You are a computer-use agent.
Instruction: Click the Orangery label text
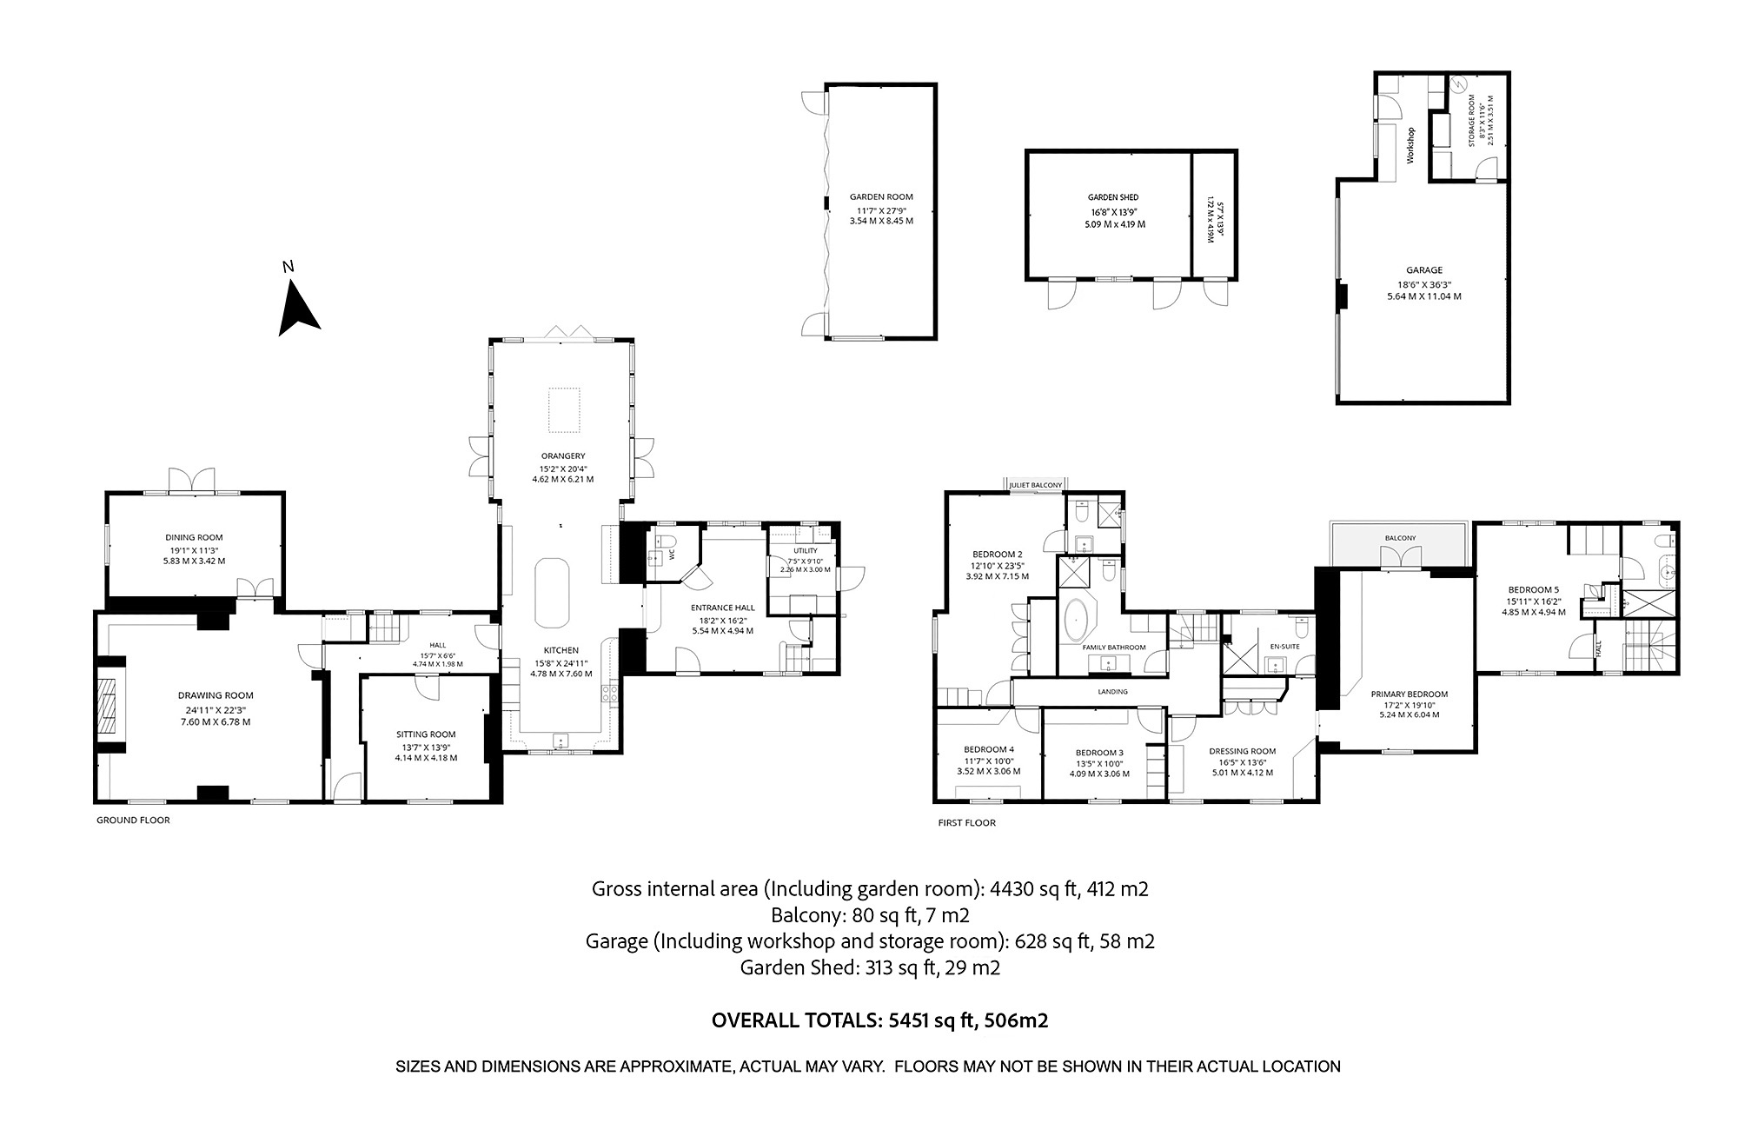[563, 455]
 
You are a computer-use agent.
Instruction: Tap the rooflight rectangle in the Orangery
[563, 409]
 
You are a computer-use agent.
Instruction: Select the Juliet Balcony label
[1036, 485]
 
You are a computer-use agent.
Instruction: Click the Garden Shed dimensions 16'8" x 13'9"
[1113, 211]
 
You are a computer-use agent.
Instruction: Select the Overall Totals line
[879, 1020]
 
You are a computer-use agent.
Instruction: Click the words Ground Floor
[133, 820]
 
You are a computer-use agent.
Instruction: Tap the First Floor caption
[966, 822]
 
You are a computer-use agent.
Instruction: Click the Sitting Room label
[425, 734]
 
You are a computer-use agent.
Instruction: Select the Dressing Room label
[1242, 751]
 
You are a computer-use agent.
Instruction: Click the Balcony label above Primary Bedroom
[1400, 538]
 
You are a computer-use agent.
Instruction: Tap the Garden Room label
[881, 197]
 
